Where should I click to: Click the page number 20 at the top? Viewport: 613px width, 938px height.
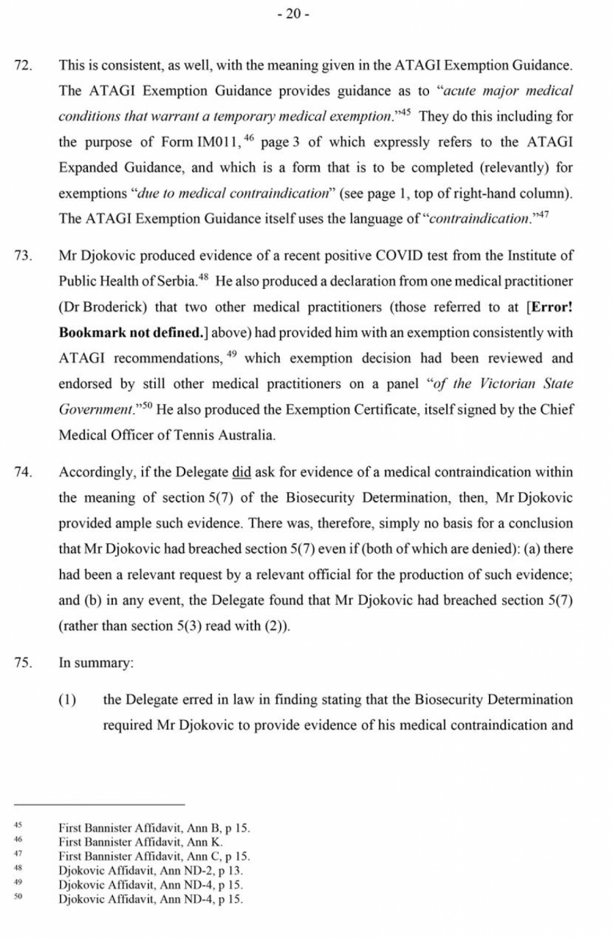point(293,14)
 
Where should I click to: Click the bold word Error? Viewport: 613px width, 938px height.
point(550,307)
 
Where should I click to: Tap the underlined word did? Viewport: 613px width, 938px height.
point(241,472)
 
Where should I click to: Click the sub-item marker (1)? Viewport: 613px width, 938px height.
point(67,699)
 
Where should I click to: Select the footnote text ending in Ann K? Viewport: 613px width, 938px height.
point(140,842)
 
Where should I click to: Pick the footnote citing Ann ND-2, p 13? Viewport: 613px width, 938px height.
point(151,871)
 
